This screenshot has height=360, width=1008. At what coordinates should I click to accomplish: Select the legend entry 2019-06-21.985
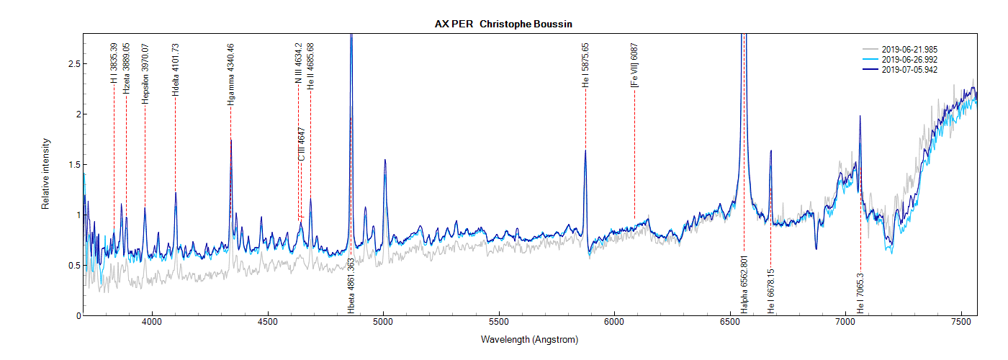click(x=909, y=49)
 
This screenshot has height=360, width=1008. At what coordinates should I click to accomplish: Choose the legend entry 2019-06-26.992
click(x=909, y=59)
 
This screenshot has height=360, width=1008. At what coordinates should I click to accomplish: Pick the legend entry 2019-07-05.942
click(x=909, y=69)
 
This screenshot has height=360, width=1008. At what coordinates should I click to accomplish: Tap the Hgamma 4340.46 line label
click(x=230, y=74)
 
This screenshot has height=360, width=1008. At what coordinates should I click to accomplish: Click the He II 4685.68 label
click(x=310, y=66)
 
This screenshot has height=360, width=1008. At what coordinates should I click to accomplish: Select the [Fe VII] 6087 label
click(x=634, y=66)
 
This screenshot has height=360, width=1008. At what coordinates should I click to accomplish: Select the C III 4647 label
click(x=302, y=144)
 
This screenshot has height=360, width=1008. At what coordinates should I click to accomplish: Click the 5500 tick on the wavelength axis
click(x=499, y=323)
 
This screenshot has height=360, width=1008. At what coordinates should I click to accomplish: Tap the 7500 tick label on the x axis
click(x=961, y=323)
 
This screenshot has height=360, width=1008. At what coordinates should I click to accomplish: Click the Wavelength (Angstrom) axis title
click(x=529, y=339)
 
